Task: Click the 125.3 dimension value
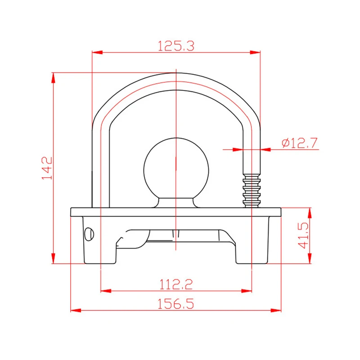176,45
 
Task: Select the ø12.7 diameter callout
300,143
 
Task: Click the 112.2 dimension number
176,284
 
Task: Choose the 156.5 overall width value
176,304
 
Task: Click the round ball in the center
176,168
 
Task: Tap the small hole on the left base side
90,233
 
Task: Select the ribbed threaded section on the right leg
252,191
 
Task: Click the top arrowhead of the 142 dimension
54,77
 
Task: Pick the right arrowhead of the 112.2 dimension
247,290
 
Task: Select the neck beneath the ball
176,202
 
